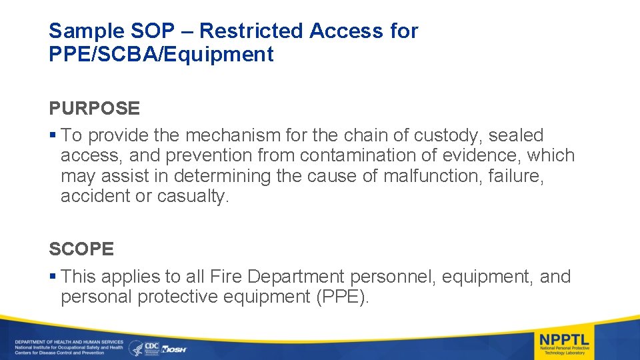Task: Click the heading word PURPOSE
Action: tap(94, 108)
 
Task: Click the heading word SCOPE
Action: tap(81, 249)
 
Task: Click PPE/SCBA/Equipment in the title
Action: tap(161, 55)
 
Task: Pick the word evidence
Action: tap(481, 155)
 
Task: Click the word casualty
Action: tap(193, 196)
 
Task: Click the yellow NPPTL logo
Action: tap(565, 341)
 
